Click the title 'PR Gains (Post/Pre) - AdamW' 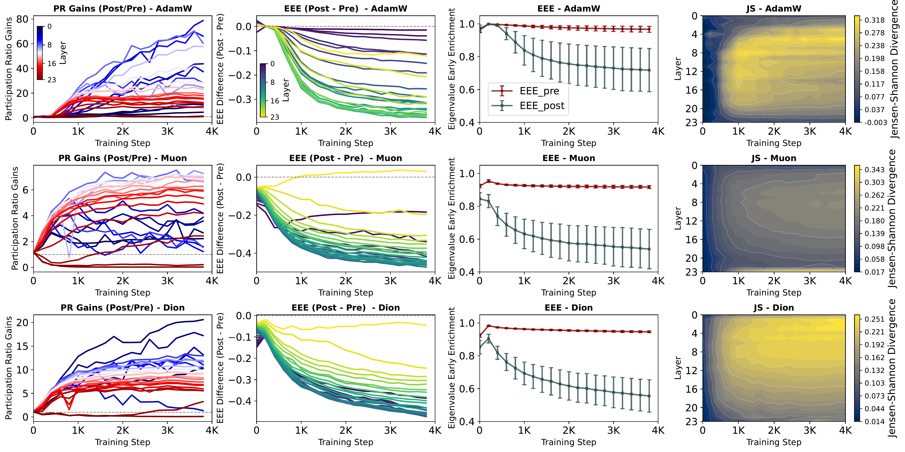[123, 8]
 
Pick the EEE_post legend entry [542, 106]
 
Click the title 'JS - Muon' [774, 158]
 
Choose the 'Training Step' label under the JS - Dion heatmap [774, 442]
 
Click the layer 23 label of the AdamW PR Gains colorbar [52, 80]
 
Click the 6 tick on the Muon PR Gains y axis [25, 190]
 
